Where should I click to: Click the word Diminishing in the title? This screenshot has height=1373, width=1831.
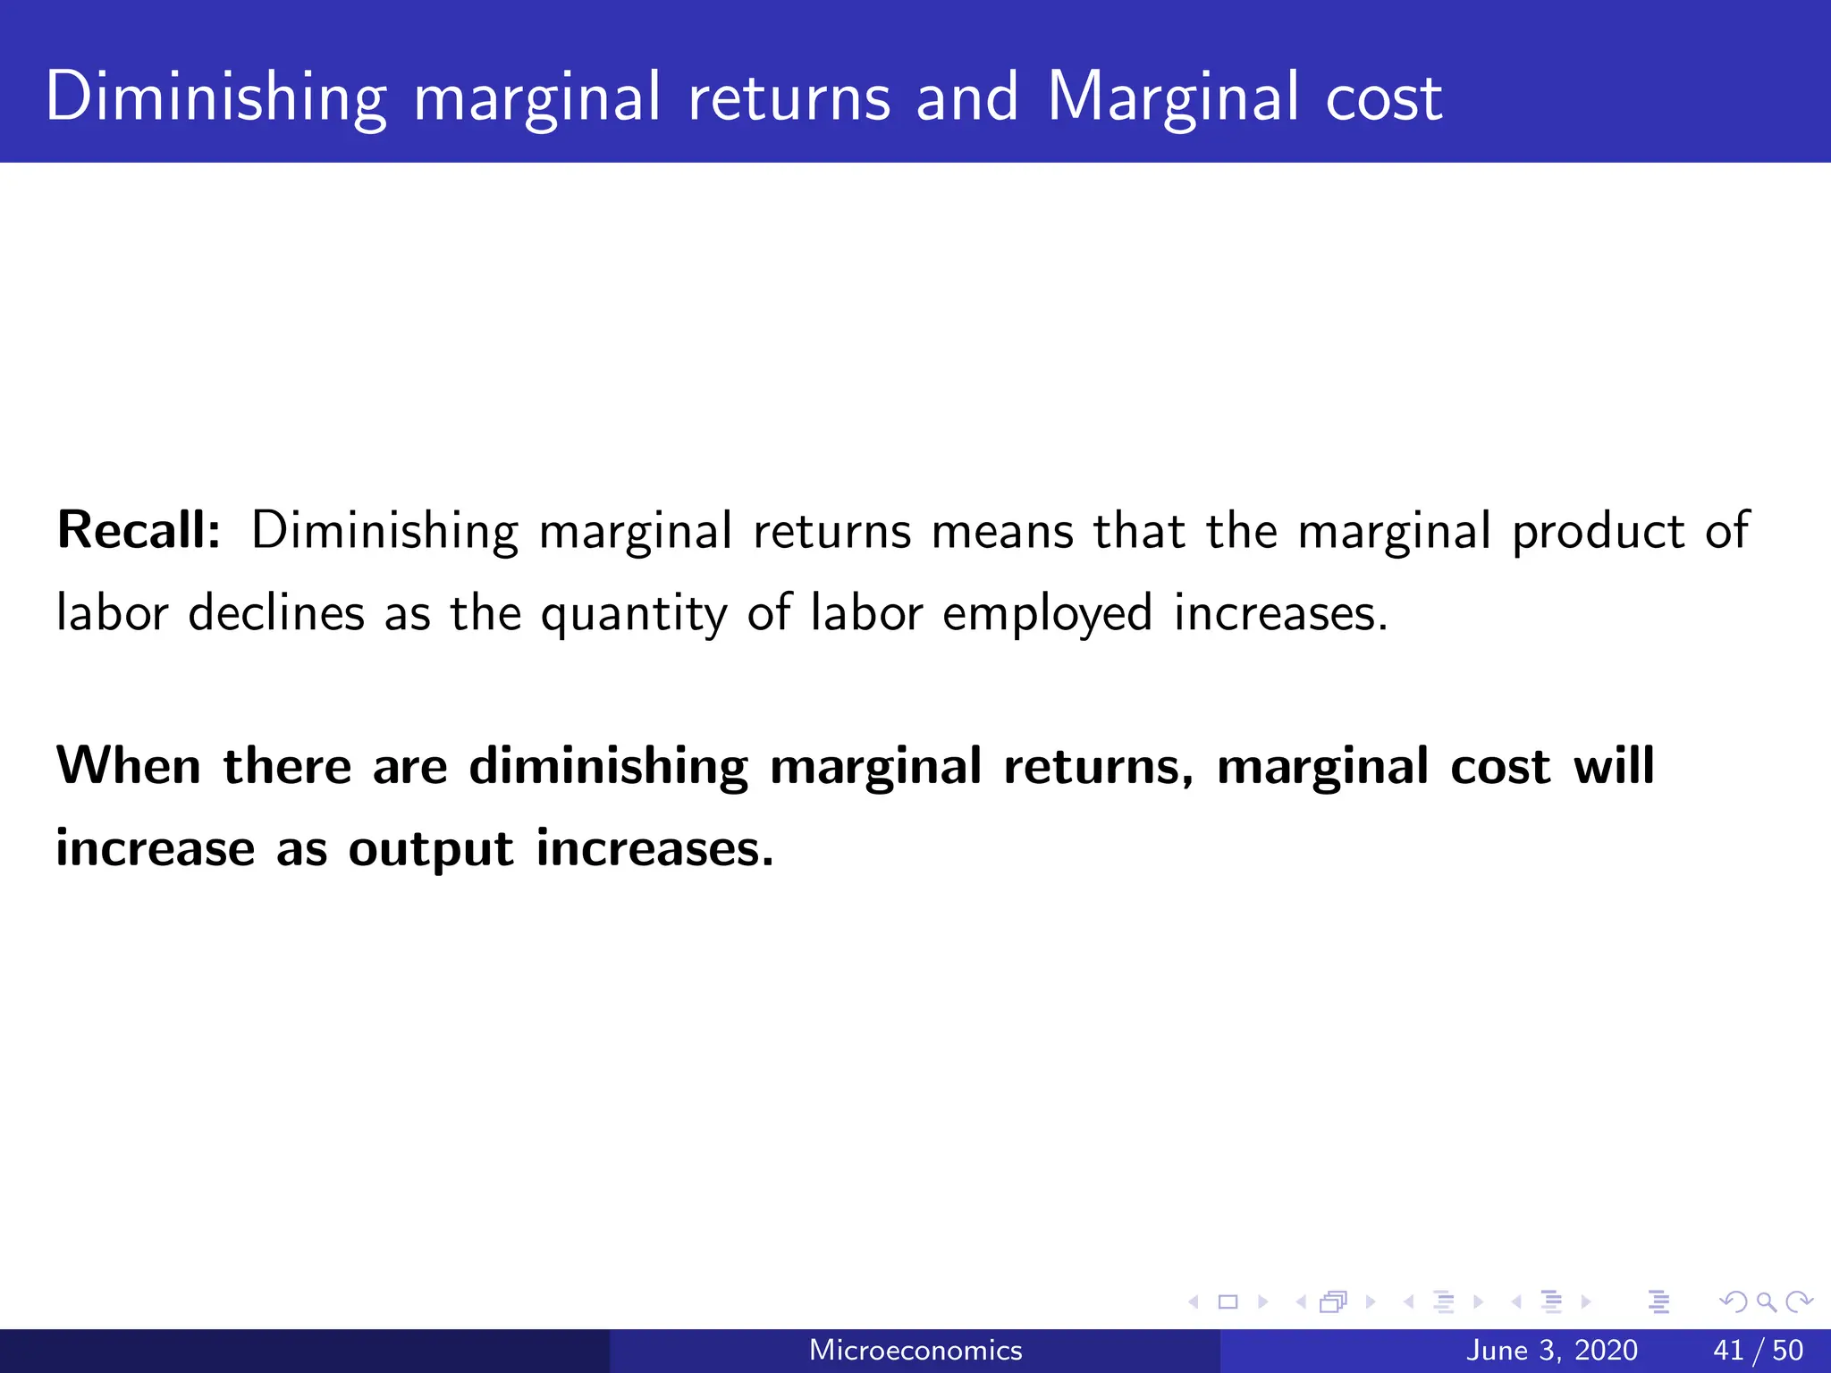click(215, 98)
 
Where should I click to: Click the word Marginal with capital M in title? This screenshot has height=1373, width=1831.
click(1172, 98)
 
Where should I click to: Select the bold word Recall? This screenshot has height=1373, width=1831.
click(139, 530)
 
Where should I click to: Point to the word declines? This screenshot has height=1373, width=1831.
click(276, 614)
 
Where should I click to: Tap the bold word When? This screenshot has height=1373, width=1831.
click(129, 766)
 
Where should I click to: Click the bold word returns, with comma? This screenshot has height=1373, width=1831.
click(1098, 768)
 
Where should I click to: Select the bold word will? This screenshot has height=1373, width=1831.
click(1614, 766)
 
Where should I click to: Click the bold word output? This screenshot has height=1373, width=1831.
click(431, 850)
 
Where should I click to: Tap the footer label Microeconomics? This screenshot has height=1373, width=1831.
click(915, 1350)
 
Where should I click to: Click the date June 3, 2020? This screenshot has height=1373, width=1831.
click(1552, 1350)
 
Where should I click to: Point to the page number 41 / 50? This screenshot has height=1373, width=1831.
click(1758, 1350)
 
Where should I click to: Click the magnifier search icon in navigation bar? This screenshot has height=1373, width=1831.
click(1766, 1302)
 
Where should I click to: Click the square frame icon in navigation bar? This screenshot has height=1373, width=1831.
click(1228, 1302)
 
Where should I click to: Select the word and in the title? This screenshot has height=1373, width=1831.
click(967, 98)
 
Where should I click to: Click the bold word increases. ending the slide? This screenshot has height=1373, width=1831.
click(654, 848)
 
